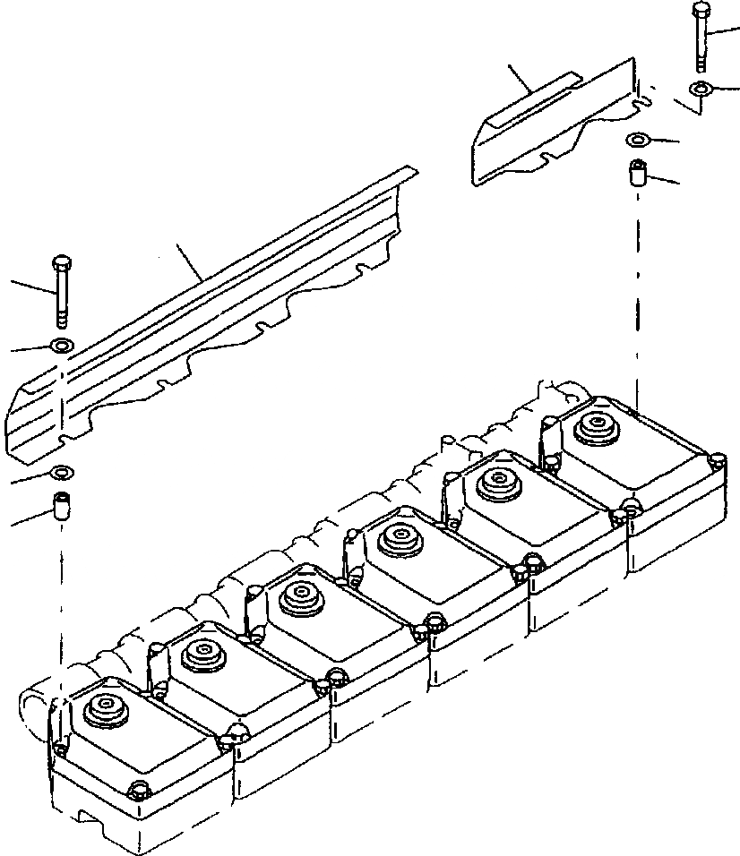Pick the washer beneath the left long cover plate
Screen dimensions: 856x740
coord(64,472)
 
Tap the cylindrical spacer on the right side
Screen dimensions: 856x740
coord(639,172)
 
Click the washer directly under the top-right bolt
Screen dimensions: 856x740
coord(700,89)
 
